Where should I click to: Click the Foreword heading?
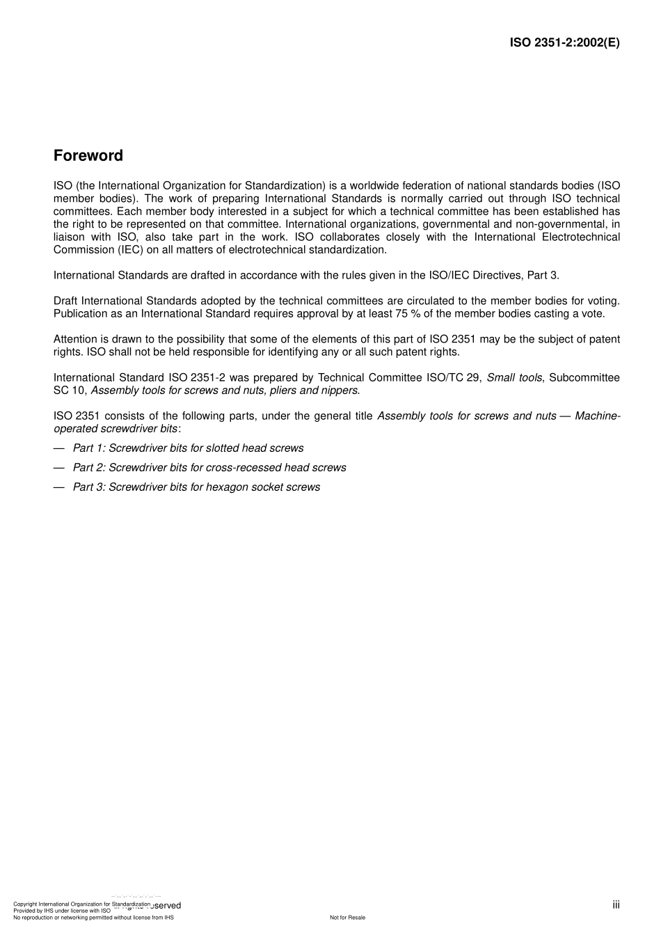[x=88, y=156]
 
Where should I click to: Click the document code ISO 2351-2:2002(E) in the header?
[x=564, y=42]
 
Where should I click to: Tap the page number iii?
[x=616, y=904]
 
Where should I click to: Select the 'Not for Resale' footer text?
[x=347, y=918]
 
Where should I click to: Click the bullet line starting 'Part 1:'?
[x=188, y=448]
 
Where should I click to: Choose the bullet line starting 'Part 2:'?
[x=209, y=468]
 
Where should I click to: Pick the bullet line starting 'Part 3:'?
[x=196, y=487]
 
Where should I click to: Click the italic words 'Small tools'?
[x=514, y=377]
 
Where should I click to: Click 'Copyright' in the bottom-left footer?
[x=25, y=904]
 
